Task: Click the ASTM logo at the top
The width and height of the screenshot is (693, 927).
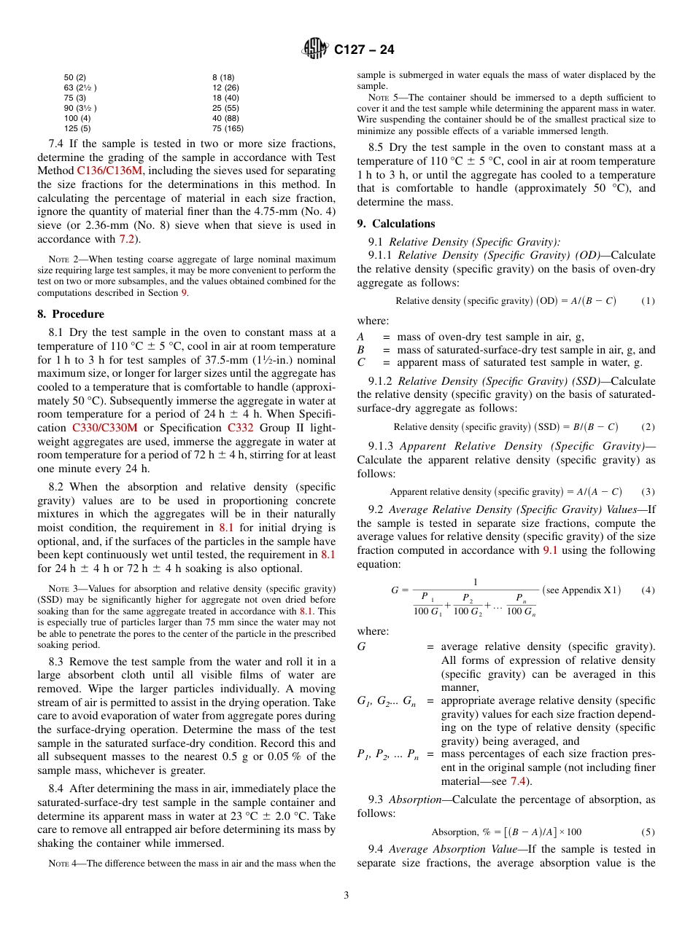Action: [x=315, y=49]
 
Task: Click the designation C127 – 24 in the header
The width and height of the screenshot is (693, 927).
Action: [x=364, y=50]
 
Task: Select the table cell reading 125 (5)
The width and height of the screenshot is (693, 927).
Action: [x=77, y=128]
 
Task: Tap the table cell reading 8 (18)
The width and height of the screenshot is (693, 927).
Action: [x=223, y=77]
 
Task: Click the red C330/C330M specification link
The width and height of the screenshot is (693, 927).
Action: [x=105, y=429]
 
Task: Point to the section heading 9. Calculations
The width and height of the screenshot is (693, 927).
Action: [x=396, y=224]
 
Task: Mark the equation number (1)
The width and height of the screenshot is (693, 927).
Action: [x=648, y=301]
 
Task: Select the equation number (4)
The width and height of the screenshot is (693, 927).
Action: [x=648, y=590]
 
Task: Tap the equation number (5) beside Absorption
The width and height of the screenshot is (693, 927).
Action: [x=648, y=832]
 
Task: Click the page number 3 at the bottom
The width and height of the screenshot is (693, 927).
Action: [x=346, y=895]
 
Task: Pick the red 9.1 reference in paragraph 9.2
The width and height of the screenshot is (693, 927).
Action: [x=551, y=550]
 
